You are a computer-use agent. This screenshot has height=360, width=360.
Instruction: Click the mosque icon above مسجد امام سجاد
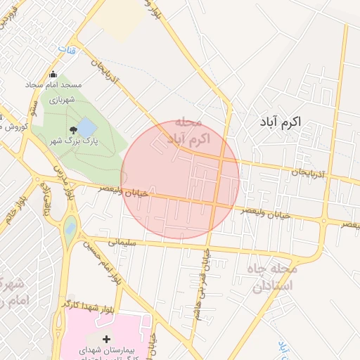click(x=53, y=75)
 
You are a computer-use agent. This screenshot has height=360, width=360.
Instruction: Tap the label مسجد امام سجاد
click(x=54, y=85)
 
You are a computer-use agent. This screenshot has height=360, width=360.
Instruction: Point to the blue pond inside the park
click(x=86, y=127)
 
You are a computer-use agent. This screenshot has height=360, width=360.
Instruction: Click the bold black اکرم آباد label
click(x=280, y=122)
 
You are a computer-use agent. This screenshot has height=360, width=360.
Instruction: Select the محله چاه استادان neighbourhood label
click(x=274, y=277)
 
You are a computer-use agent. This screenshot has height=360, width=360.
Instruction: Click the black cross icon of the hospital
click(x=106, y=340)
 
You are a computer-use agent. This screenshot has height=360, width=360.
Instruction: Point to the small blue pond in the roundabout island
click(x=70, y=228)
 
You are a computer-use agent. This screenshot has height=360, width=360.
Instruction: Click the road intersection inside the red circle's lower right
click(x=216, y=203)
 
